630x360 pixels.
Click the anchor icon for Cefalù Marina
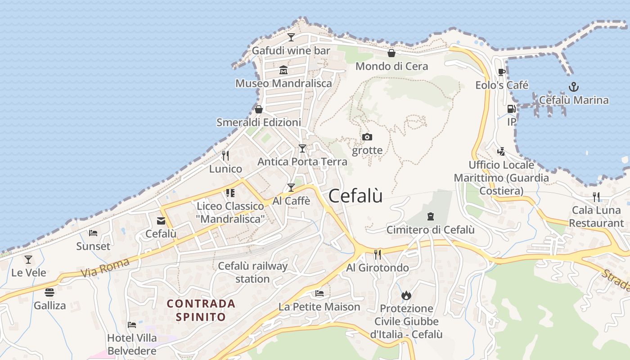point(574,87)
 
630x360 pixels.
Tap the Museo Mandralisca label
point(283,83)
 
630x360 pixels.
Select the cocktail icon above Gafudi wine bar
point(291,37)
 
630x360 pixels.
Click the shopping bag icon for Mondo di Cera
point(391,53)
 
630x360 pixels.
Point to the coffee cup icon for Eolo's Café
point(502,72)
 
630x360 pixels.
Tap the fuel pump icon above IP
point(511,108)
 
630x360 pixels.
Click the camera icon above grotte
point(367,137)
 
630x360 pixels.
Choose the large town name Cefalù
point(355,196)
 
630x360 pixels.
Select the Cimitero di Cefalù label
point(430,230)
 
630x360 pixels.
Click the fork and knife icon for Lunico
point(225,156)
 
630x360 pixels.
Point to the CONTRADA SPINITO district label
point(201,310)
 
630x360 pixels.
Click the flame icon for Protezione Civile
point(406,295)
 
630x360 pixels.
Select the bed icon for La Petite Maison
point(319,293)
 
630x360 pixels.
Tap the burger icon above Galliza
point(49,292)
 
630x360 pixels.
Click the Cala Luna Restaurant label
point(596,216)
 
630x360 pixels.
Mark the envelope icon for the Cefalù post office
point(161,221)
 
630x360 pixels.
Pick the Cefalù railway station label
point(252,272)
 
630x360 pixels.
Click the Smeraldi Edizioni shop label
point(259,122)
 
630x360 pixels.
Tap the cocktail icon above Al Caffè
point(291,188)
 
